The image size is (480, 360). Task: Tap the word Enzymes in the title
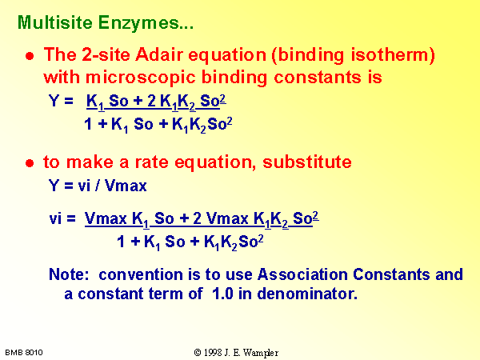(x=142, y=23)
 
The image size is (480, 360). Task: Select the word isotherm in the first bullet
(x=393, y=55)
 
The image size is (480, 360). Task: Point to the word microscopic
(x=140, y=78)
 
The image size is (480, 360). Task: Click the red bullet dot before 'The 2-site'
(x=30, y=56)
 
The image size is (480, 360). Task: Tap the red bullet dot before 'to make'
(x=30, y=163)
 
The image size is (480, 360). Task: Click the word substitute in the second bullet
(x=307, y=162)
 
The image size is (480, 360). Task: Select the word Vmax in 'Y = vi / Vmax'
(x=126, y=186)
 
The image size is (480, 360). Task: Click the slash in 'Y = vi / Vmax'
(x=97, y=186)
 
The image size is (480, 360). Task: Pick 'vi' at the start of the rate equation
(x=55, y=218)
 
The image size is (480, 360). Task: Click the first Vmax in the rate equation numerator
(x=106, y=218)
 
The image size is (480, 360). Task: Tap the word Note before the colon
(x=66, y=274)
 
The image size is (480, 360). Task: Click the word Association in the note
(x=302, y=274)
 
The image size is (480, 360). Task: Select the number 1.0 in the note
(x=223, y=294)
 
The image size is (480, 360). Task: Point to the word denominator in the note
(x=307, y=294)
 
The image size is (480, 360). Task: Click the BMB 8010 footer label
(x=24, y=353)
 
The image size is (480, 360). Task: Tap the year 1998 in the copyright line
(x=213, y=353)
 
